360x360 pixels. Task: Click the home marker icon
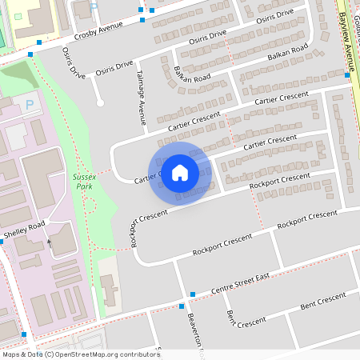pos(180,172)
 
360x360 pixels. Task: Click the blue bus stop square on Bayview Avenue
pos(347,74)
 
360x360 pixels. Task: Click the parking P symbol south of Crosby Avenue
pos(30,104)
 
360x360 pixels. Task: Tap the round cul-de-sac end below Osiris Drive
pos(99,102)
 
